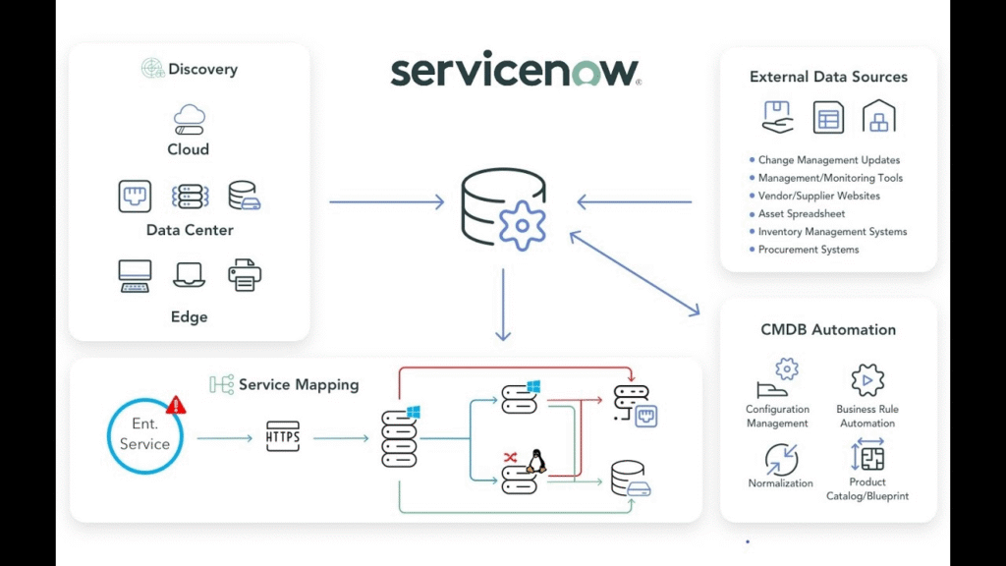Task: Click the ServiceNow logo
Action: tap(515, 71)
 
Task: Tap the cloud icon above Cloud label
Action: tap(188, 120)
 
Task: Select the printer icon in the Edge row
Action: tap(245, 275)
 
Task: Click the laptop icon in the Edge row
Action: tap(189, 275)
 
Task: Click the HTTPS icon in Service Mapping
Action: tap(283, 435)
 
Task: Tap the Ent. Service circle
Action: tap(144, 435)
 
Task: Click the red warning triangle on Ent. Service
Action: tap(177, 405)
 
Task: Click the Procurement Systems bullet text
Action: tap(809, 250)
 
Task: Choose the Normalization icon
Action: tap(781, 459)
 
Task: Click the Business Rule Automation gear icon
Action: tap(867, 380)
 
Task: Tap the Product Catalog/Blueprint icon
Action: tap(867, 457)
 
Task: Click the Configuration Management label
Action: tap(777, 417)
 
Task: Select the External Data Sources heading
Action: tap(828, 77)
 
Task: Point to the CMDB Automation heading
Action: tap(828, 330)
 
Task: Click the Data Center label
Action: tap(190, 230)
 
